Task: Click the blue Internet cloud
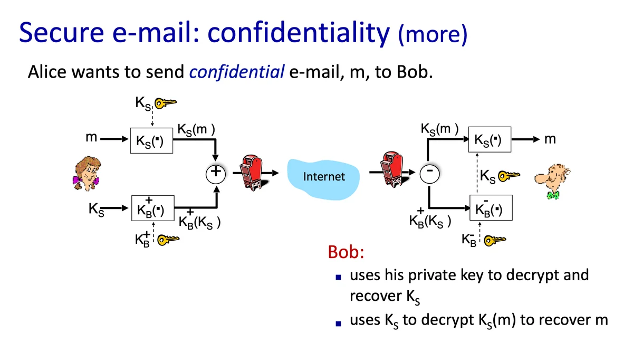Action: tap(323, 176)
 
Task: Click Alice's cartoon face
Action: tap(87, 173)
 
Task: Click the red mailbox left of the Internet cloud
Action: tap(251, 172)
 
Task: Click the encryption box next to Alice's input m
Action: tap(151, 141)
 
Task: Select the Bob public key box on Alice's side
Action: tap(151, 211)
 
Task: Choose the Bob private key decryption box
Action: tap(490, 210)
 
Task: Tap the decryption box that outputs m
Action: tap(490, 140)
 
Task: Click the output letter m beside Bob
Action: tap(550, 140)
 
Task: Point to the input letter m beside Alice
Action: tap(91, 138)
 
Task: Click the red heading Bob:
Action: tap(346, 252)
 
